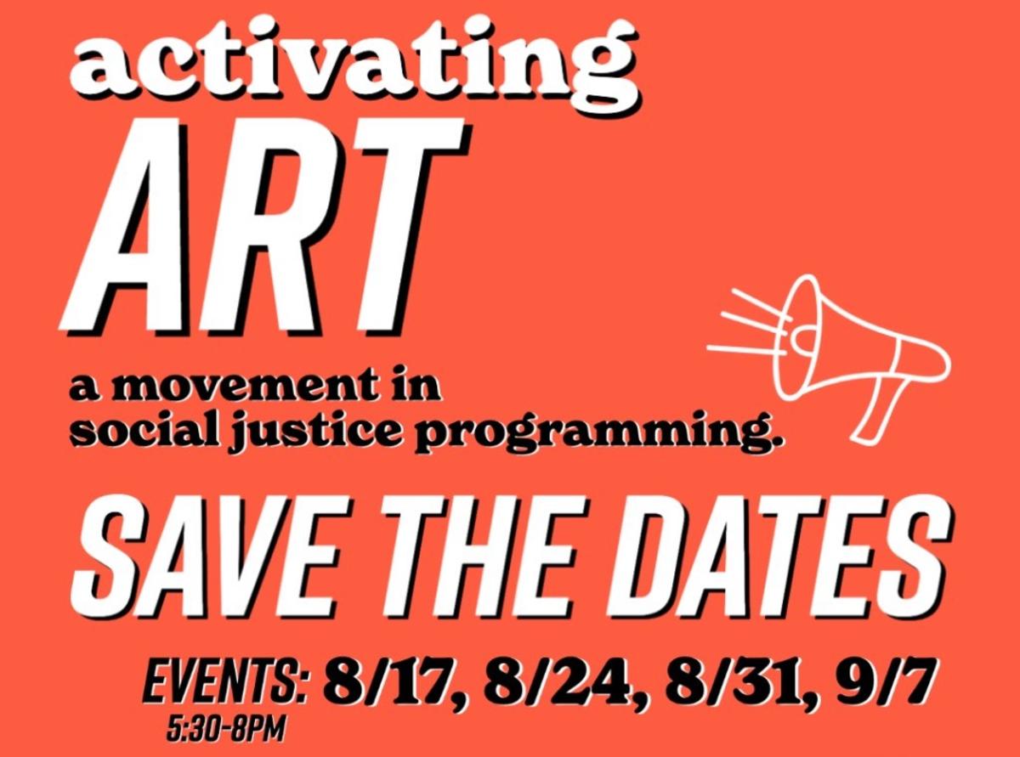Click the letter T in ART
coord(399,225)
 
